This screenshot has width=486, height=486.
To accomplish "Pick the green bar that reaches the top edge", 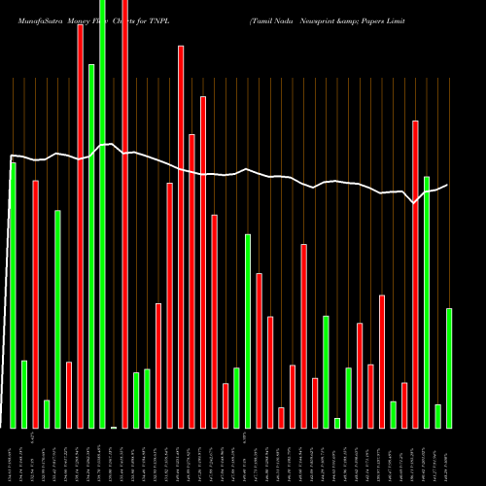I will click(x=102, y=214).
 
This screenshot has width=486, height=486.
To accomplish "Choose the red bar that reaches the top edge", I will click(x=124, y=214).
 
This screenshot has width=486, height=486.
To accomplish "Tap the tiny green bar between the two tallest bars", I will click(x=114, y=427).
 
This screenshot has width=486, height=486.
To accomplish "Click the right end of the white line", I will click(x=446, y=185).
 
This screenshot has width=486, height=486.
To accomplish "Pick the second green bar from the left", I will click(x=24, y=394).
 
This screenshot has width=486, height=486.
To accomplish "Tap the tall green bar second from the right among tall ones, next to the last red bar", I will click(x=427, y=301).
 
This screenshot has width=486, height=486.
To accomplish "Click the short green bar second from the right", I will click(x=437, y=416).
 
